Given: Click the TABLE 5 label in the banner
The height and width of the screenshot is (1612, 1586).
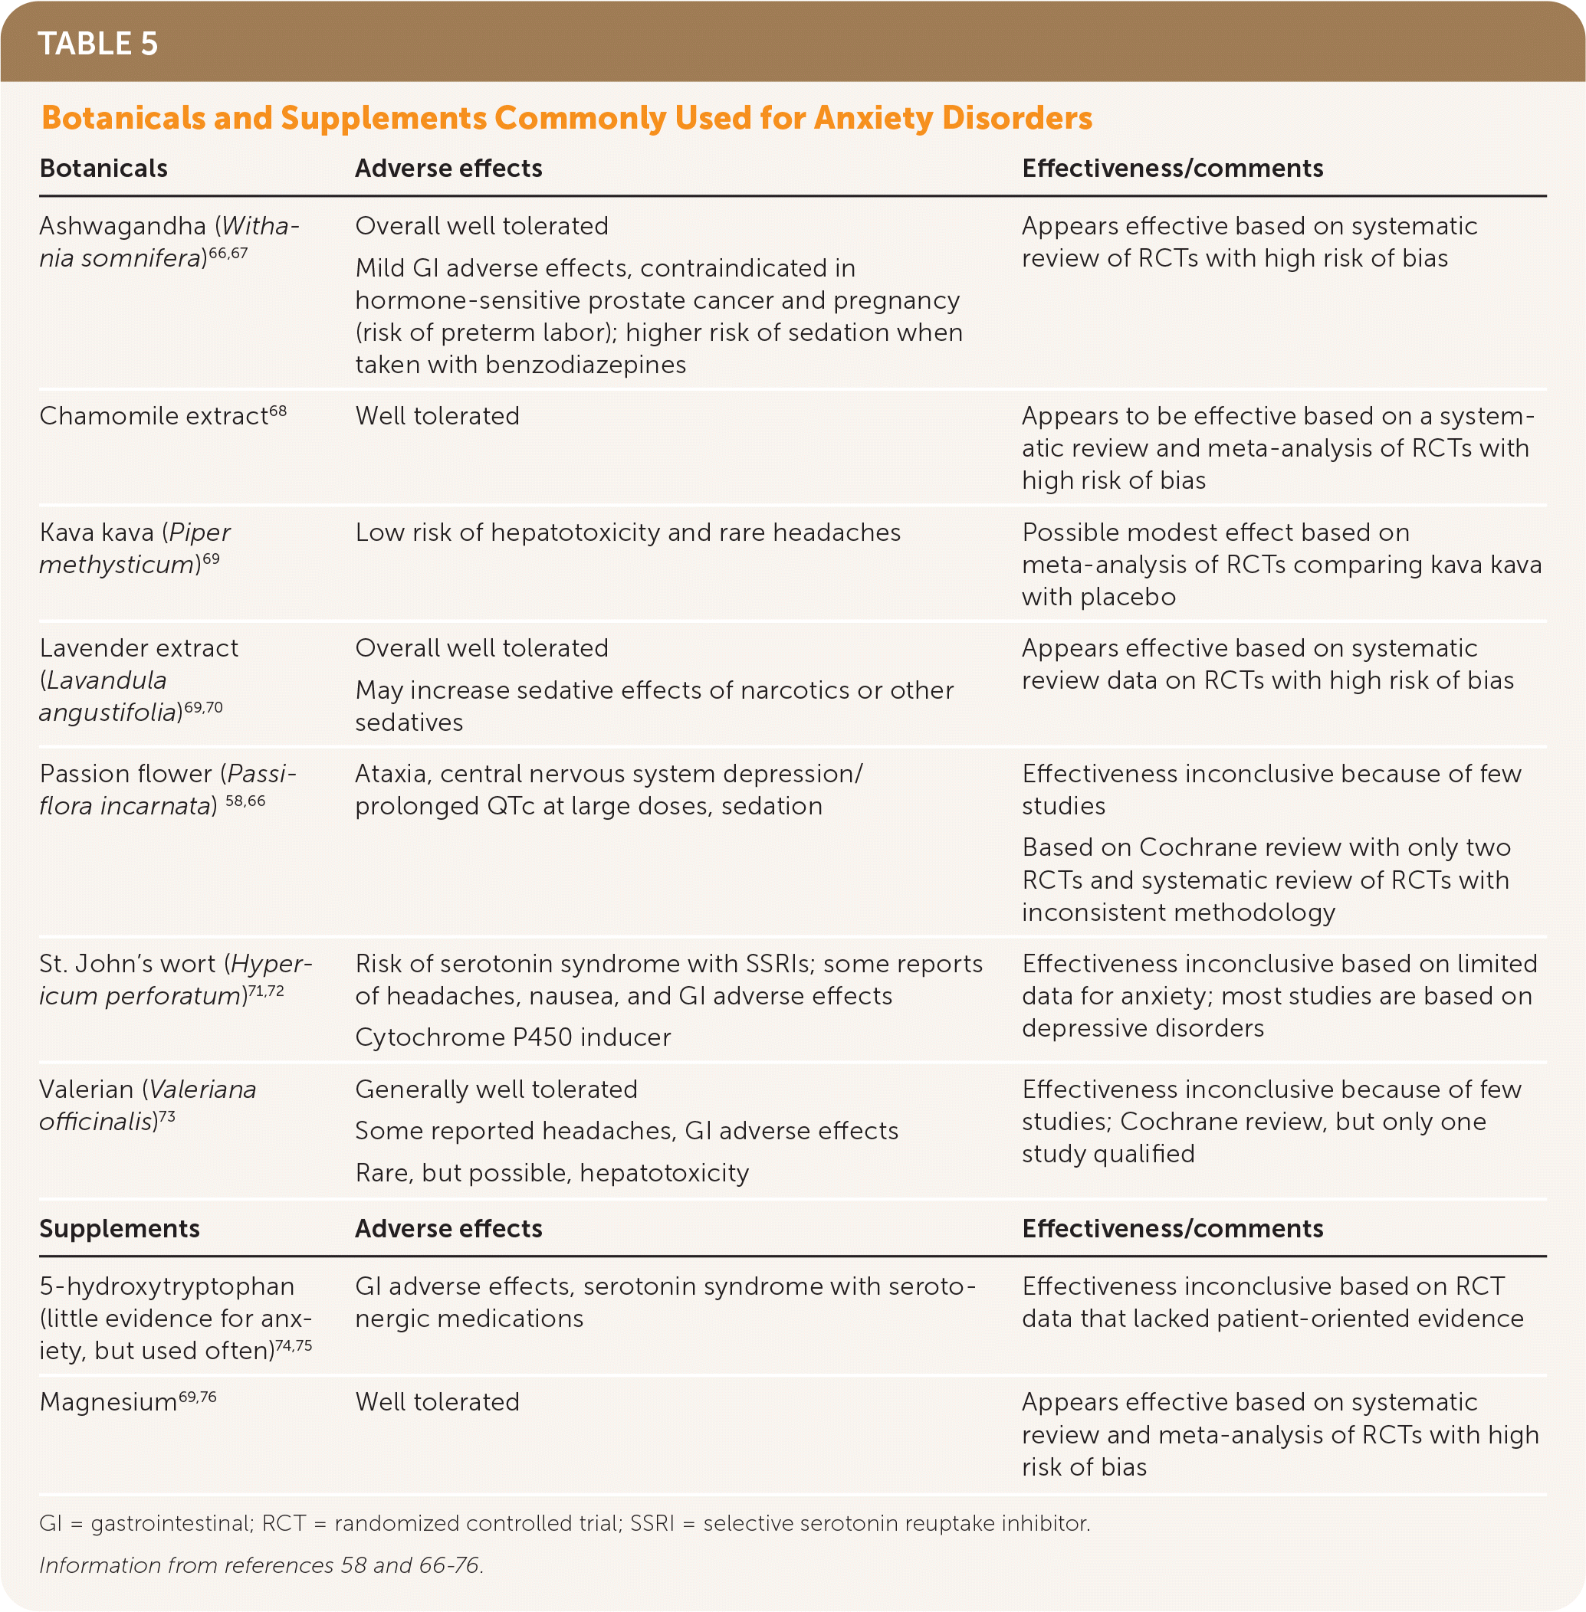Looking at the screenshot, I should point(97,44).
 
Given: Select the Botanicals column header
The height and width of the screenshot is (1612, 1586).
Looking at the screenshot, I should point(103,169).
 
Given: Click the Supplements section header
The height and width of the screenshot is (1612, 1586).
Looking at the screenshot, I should point(119,1228).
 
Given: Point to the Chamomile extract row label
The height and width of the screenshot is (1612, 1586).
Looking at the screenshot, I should point(153,415).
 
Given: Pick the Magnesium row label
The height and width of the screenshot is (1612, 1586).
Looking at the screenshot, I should point(108,1402).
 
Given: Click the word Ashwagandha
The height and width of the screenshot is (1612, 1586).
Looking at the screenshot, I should point(123,226).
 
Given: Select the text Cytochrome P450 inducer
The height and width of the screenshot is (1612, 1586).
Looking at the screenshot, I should point(512,1037).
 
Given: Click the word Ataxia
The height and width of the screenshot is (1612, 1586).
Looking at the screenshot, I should point(392,774).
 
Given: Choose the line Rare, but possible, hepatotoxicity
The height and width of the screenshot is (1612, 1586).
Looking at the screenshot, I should point(551,1173).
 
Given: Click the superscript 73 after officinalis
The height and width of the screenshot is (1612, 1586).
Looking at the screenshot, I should point(166,1116).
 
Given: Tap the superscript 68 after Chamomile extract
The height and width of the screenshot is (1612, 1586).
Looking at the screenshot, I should point(278,411).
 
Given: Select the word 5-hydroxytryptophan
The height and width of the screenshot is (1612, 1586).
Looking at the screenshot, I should point(166,1286).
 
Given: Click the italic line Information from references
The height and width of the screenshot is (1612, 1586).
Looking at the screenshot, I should point(261,1565).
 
